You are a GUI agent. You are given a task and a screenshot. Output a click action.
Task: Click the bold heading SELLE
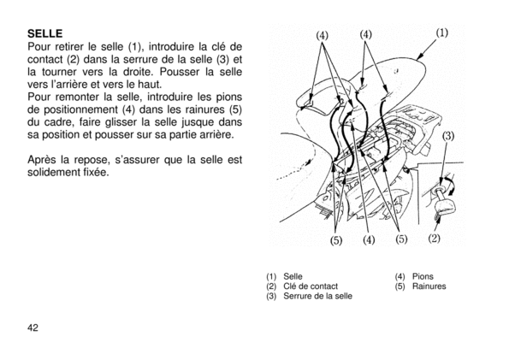click(x=45, y=33)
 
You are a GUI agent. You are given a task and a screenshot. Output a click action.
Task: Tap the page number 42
click(x=33, y=328)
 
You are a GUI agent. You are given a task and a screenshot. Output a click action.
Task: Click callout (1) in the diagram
click(x=441, y=32)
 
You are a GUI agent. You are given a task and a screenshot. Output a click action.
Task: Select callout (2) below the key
click(x=435, y=239)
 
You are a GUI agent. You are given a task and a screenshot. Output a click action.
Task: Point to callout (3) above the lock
click(x=448, y=136)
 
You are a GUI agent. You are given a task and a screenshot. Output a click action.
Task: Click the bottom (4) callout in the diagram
click(x=369, y=240)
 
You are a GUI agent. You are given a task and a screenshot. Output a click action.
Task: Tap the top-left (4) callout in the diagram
click(x=322, y=35)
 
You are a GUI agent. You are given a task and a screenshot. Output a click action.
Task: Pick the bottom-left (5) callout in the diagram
click(x=336, y=240)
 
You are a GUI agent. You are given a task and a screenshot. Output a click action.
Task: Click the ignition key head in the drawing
click(x=444, y=205)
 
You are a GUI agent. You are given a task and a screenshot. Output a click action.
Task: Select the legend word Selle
click(x=293, y=276)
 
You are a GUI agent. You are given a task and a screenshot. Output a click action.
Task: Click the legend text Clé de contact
click(x=311, y=286)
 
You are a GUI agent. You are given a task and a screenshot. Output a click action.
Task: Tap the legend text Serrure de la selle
click(x=317, y=296)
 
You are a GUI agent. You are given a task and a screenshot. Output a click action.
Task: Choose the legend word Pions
click(x=423, y=276)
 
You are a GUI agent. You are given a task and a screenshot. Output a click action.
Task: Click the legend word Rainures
click(x=429, y=286)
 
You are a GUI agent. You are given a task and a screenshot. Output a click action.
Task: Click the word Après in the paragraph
click(x=42, y=161)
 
